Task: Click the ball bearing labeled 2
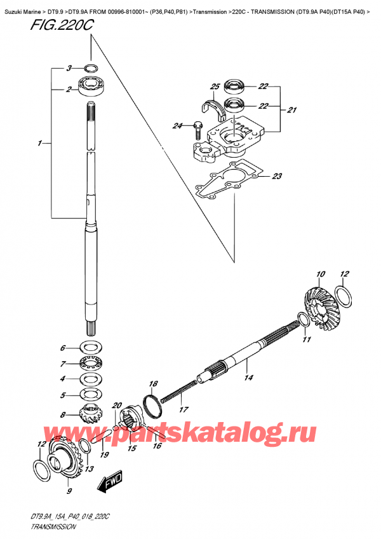click(90, 86)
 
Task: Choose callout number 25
click(215, 86)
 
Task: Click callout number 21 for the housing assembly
click(291, 110)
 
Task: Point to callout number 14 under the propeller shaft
click(248, 378)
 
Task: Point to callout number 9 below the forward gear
click(69, 490)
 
